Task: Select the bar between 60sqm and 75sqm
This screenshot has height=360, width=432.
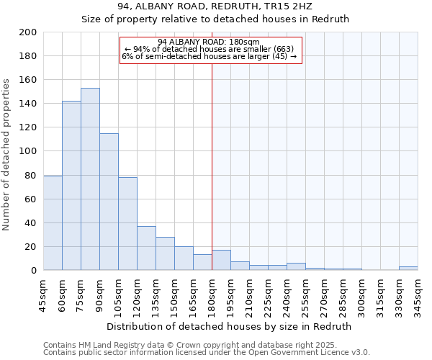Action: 71,186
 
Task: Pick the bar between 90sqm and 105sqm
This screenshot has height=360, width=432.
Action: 109,202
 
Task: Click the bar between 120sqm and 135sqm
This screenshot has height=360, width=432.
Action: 146,248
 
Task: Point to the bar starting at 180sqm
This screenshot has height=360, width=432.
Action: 221,261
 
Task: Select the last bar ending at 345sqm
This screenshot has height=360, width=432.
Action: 408,269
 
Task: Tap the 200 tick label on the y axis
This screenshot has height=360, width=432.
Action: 28,32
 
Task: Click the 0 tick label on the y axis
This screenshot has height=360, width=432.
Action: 34,271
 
